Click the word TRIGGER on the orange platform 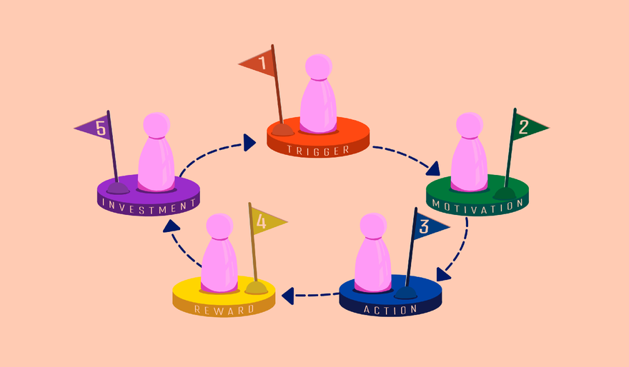tap(318, 151)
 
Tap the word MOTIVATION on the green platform tap(477, 207)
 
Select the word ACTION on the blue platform tap(391, 309)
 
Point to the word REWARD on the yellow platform tap(224, 310)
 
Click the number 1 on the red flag tap(262, 64)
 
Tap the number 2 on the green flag tap(523, 127)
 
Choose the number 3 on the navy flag tap(424, 226)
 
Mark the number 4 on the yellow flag tap(261, 221)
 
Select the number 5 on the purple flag tap(101, 129)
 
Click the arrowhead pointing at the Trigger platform tap(249, 143)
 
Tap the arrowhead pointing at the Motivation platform tap(433, 169)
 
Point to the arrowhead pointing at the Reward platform tap(287, 296)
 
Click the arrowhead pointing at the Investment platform tap(172, 226)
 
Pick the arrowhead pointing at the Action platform tap(443, 274)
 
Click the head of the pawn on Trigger tap(319, 67)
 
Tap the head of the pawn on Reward tap(219, 227)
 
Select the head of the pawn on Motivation tap(470, 126)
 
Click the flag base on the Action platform tap(405, 293)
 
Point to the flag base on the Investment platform tap(118, 188)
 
